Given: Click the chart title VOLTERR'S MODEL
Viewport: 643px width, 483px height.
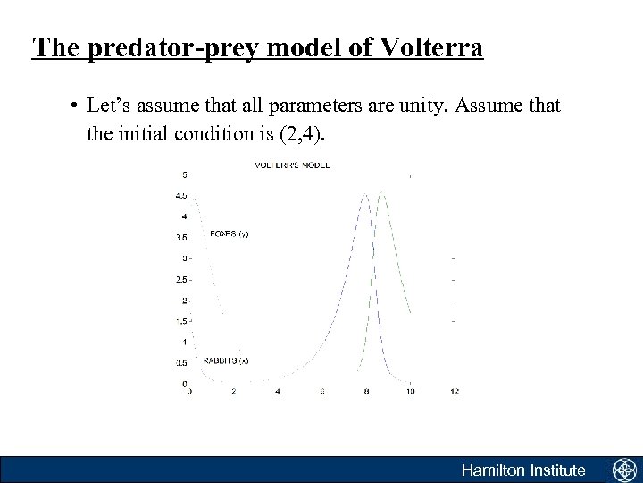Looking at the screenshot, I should tap(292, 165).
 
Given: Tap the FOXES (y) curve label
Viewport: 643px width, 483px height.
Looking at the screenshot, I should tap(229, 234).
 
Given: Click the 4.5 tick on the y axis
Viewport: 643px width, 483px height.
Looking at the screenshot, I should tap(181, 195).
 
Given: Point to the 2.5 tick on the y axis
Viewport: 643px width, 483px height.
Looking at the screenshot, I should tap(181, 279).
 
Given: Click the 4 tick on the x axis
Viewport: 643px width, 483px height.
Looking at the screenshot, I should tap(278, 392).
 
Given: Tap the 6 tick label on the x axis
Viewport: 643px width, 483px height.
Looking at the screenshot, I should tap(321, 392).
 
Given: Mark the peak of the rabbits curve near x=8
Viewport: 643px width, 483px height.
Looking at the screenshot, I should tap(366, 193).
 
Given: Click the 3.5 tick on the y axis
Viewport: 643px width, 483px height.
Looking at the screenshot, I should tap(181, 237).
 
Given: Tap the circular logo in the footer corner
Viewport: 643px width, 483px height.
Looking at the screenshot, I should tap(622, 470).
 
